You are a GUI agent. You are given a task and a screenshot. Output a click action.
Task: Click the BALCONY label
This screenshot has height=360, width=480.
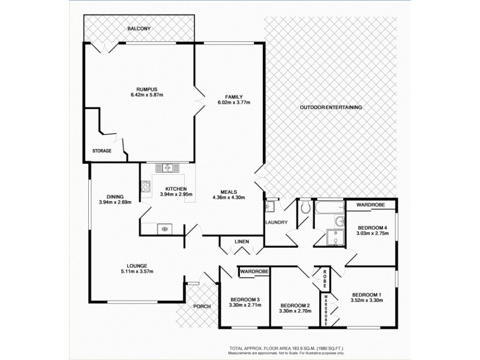point(139,29)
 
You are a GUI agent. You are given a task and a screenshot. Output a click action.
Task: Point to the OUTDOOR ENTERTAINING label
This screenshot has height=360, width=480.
point(331,107)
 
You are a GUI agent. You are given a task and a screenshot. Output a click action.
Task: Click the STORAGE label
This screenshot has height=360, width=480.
point(101,151)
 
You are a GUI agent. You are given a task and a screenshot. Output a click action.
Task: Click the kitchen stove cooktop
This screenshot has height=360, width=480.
point(145,187)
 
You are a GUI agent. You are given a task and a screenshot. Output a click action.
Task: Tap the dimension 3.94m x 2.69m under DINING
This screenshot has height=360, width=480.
point(115,202)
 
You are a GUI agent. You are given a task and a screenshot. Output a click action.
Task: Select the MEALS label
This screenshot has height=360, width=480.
point(230,191)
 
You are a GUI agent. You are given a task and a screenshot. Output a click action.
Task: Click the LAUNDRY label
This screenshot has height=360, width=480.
point(277,223)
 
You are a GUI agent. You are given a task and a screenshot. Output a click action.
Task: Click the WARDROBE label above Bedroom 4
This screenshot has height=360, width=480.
point(371,205)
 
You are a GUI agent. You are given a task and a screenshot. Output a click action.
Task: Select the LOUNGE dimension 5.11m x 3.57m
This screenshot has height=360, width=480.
point(136,272)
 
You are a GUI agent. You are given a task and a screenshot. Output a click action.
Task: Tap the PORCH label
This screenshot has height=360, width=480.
point(202,307)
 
